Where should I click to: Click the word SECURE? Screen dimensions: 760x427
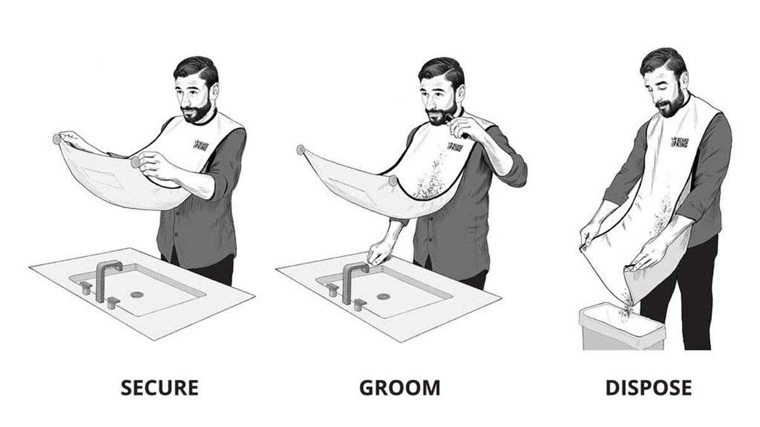[160, 388]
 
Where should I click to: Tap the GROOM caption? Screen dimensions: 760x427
[400, 388]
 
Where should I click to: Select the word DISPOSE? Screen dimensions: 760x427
[649, 388]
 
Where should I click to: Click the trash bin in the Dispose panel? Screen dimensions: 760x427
[621, 327]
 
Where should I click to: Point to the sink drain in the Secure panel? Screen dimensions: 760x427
[137, 295]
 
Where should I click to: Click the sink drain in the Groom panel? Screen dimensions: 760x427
[383, 297]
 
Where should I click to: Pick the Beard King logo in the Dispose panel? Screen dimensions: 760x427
[679, 142]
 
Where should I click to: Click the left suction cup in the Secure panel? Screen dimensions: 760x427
[56, 139]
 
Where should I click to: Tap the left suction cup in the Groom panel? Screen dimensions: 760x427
[300, 150]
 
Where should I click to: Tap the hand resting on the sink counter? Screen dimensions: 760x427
[379, 253]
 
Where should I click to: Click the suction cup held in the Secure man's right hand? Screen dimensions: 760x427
[136, 163]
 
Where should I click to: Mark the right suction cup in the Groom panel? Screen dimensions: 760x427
[393, 181]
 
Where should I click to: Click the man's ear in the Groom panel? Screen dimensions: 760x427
[459, 92]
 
